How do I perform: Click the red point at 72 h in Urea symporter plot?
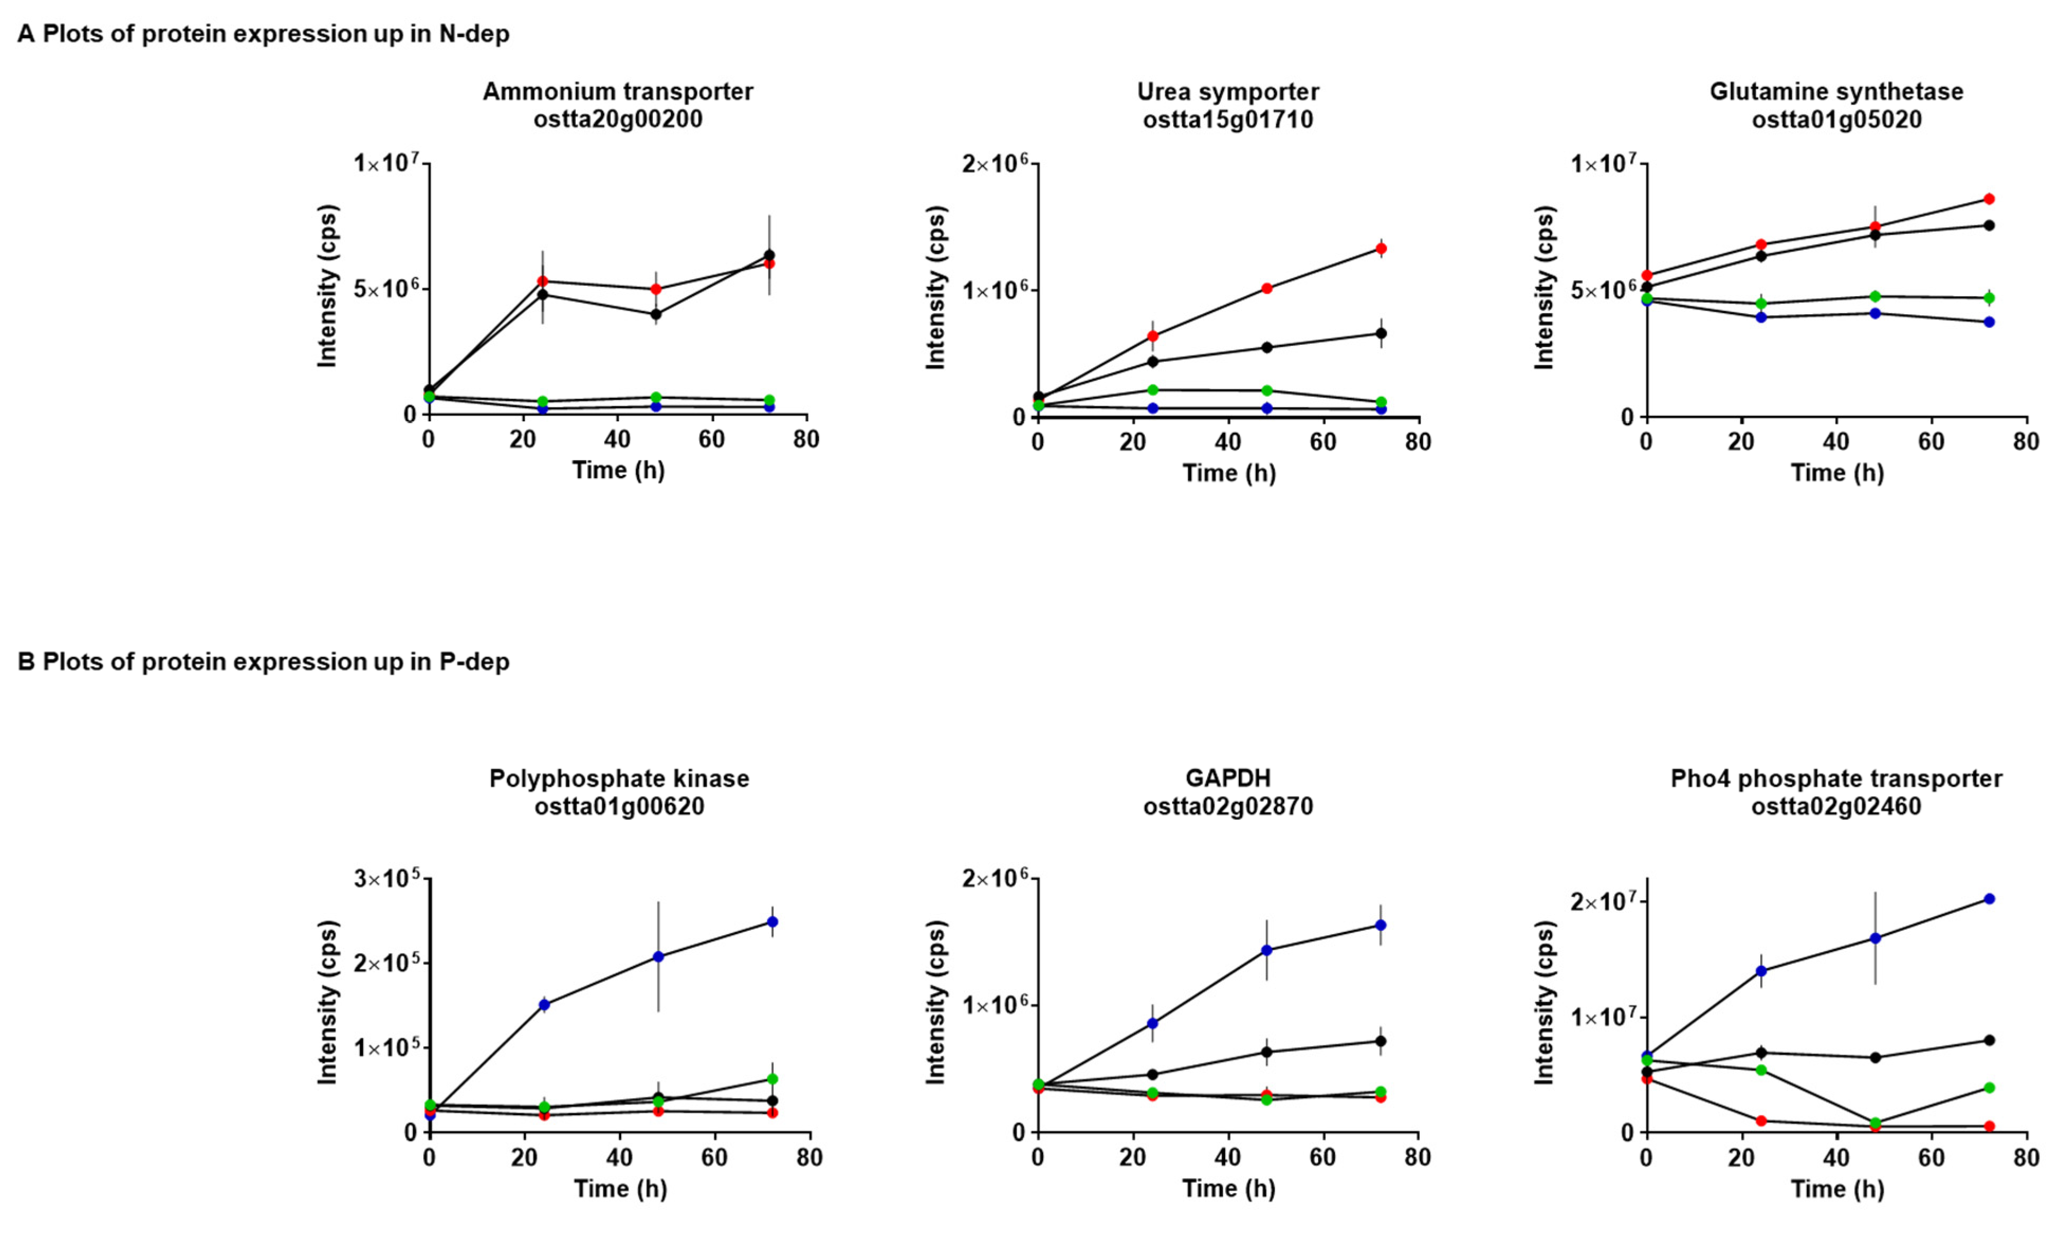(x=1381, y=248)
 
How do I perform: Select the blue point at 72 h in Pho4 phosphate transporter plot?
(x=1990, y=899)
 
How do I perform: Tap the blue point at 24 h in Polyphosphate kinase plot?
(x=544, y=1004)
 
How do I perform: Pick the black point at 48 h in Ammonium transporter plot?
(x=656, y=315)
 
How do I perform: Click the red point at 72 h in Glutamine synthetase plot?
(x=1990, y=199)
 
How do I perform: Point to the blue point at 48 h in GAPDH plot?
(x=1267, y=950)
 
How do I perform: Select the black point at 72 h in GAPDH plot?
(x=1381, y=1041)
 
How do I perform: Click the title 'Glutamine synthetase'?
(x=1837, y=92)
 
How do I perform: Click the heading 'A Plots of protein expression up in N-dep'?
(x=263, y=34)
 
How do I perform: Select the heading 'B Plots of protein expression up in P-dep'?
(x=263, y=662)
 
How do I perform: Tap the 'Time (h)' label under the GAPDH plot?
(x=1229, y=1188)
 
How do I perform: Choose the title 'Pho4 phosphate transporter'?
(x=1837, y=779)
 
